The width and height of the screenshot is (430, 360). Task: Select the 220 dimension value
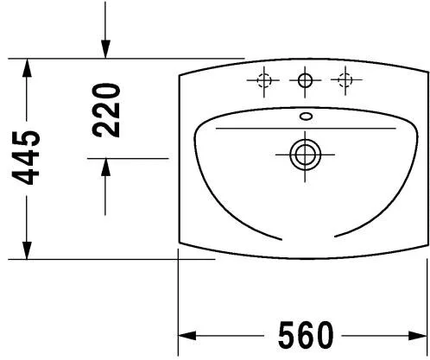(x=106, y=110)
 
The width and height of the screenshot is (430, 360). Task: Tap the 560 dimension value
(x=306, y=332)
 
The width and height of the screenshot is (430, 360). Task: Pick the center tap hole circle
(x=304, y=80)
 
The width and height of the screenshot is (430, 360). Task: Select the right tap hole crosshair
(x=345, y=80)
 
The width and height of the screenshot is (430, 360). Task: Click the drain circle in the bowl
(x=304, y=155)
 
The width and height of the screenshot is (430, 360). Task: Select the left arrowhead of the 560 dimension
(x=187, y=333)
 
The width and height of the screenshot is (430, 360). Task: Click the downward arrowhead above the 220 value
(x=105, y=52)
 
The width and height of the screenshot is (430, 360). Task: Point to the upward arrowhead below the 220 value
(x=105, y=167)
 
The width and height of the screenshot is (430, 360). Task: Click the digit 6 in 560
(x=306, y=332)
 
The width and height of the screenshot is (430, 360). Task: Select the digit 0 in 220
(x=106, y=90)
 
